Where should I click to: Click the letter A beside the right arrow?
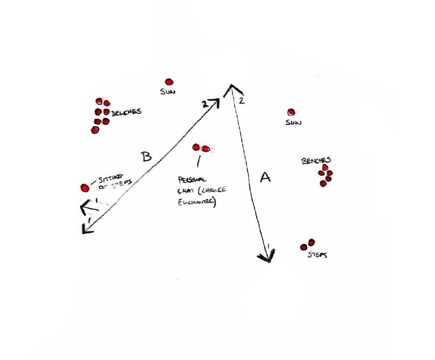click(265, 177)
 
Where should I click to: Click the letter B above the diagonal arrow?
click(146, 157)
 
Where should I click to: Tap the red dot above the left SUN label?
click(169, 82)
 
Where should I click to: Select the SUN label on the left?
click(168, 92)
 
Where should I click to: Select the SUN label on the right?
click(293, 123)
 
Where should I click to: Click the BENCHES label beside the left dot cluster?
click(127, 112)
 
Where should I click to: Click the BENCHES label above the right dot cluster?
click(317, 161)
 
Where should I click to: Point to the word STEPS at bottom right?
click(317, 255)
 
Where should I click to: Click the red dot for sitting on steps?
click(84, 188)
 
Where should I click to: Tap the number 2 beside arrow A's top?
click(241, 101)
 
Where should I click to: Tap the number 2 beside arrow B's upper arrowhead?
click(204, 104)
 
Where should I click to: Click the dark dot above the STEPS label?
click(311, 242)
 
